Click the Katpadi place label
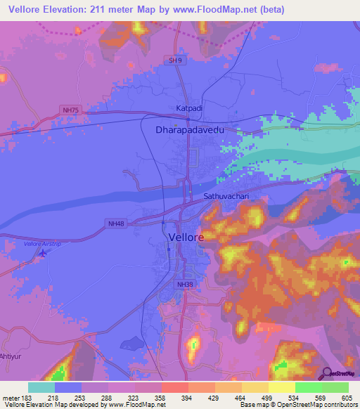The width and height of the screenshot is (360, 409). (188, 108)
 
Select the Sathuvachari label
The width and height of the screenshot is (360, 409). (226, 196)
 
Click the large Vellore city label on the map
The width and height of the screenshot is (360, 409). (187, 238)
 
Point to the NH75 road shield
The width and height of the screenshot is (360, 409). (70, 109)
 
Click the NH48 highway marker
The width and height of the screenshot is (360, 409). (117, 223)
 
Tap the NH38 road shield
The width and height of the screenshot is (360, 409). (184, 284)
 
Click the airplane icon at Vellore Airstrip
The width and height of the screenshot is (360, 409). (44, 252)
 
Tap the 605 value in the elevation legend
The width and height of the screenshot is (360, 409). (346, 398)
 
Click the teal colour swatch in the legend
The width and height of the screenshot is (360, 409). (41, 387)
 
